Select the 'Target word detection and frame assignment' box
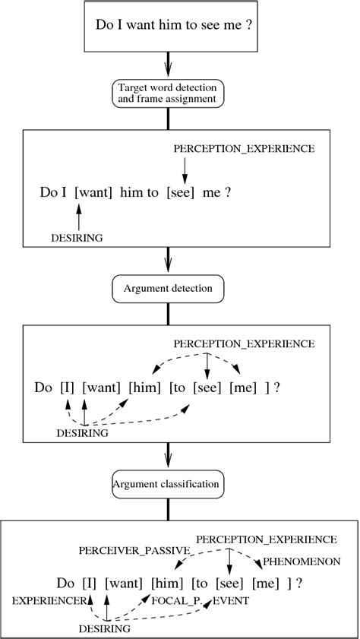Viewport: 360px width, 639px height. pos(165,92)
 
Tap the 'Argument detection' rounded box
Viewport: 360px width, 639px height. pos(165,289)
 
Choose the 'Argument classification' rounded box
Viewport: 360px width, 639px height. pos(165,484)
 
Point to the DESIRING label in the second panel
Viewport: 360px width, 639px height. pos(77,237)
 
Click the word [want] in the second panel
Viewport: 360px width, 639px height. pos(93,193)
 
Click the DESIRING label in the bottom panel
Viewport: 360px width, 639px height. pos(105,628)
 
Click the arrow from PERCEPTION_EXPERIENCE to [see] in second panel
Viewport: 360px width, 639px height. pos(183,169)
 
